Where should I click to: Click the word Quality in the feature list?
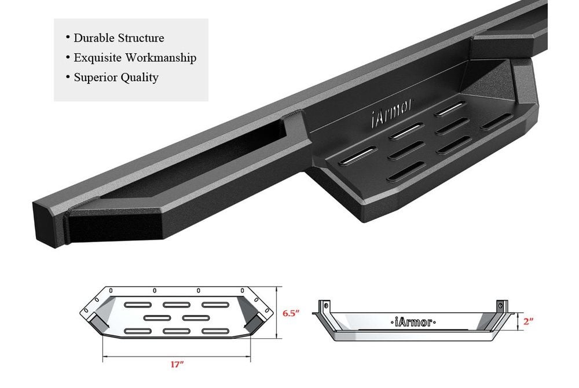140,78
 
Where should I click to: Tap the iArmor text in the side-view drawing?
413,323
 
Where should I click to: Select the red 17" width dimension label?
177,365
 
